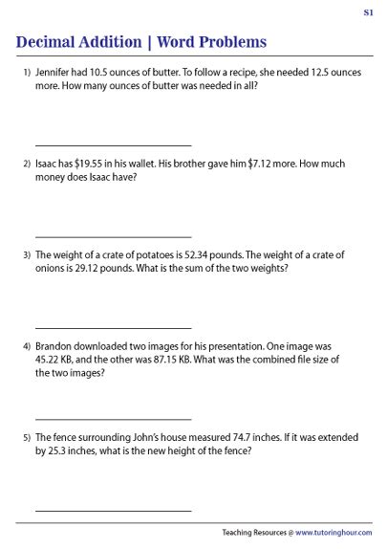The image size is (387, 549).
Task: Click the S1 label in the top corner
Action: click(x=369, y=11)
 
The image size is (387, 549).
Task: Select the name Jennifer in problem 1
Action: click(x=54, y=72)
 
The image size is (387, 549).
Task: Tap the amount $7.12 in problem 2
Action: click(x=258, y=164)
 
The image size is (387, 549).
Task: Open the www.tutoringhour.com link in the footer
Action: click(x=333, y=533)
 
